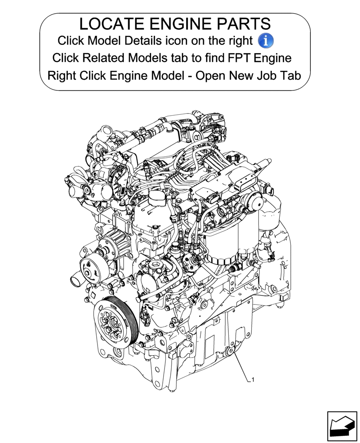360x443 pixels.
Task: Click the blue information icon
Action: coord(266,41)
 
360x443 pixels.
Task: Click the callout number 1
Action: coord(253,380)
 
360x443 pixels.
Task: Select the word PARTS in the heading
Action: coord(246,24)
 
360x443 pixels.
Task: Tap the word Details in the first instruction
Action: coord(143,41)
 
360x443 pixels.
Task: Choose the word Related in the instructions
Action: coord(103,58)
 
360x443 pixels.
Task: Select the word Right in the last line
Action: coord(62,75)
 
